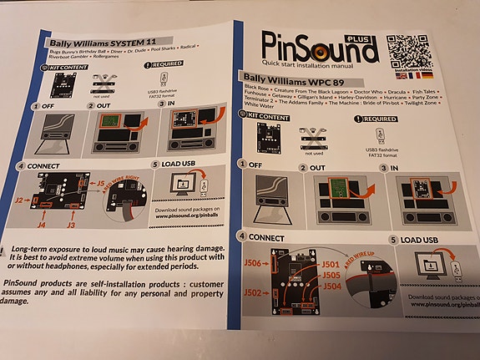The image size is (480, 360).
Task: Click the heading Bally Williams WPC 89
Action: [x=304, y=78]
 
